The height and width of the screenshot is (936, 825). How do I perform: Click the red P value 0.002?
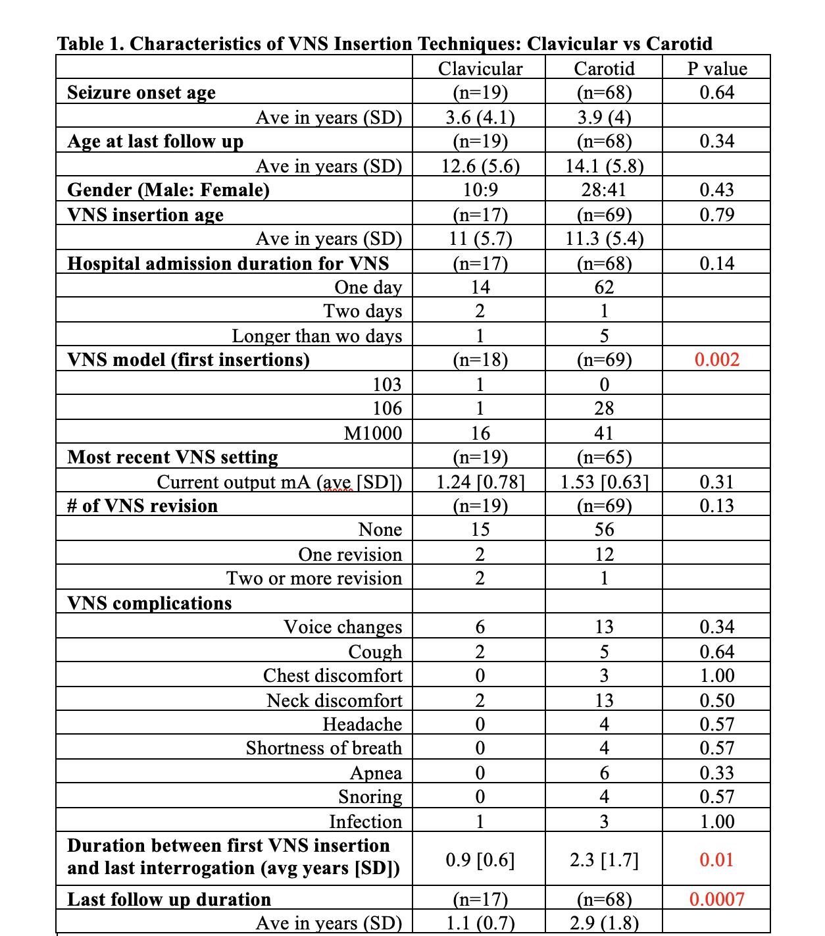(716, 359)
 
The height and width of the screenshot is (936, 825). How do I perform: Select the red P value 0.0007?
(716, 899)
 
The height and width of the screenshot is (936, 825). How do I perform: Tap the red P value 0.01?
(716, 860)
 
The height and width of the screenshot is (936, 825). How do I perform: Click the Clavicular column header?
(480, 68)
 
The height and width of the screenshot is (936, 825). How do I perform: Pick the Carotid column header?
(604, 68)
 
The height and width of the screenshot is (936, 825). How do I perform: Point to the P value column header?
(717, 68)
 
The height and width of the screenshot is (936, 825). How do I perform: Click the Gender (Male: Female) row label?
(168, 190)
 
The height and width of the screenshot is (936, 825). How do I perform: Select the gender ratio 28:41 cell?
(604, 190)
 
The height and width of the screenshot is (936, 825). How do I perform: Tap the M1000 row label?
(373, 433)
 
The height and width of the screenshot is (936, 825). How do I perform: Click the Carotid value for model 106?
(604, 409)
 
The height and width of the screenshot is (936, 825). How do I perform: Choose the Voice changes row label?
(343, 627)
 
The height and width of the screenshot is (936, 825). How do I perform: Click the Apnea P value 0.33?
(716, 773)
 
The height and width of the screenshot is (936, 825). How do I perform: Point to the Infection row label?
(365, 821)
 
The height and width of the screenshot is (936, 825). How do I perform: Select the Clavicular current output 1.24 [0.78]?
(480, 482)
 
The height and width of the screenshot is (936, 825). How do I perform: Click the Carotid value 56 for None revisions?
(604, 530)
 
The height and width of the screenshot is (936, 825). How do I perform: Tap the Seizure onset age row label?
(141, 93)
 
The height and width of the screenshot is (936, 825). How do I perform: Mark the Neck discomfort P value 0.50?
(716, 700)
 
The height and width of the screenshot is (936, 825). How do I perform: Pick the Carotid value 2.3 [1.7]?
(604, 860)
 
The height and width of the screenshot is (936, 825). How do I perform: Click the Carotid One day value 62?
(604, 288)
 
